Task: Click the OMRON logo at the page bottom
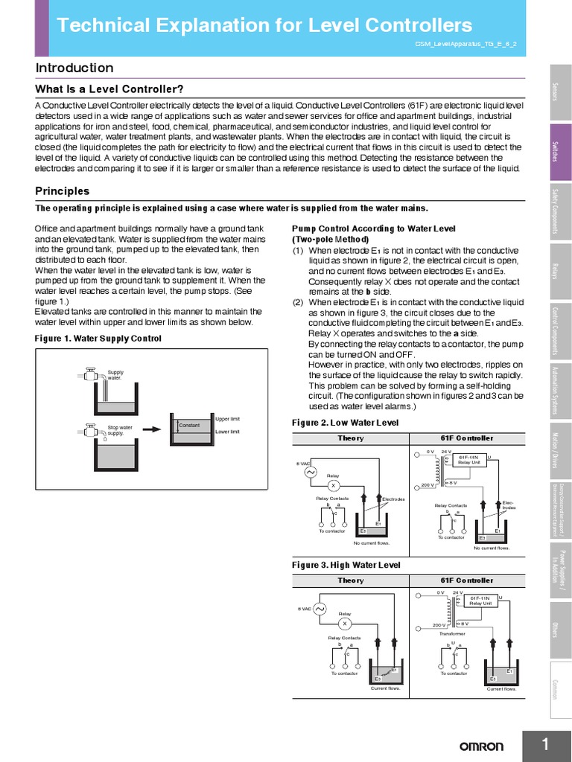(x=481, y=746)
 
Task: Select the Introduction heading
(x=74, y=68)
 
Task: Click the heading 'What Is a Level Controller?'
(x=109, y=89)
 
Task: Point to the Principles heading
(x=63, y=191)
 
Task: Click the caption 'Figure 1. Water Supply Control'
(x=98, y=338)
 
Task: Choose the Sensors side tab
(x=560, y=92)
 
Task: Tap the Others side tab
(x=560, y=628)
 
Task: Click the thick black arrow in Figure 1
(x=152, y=429)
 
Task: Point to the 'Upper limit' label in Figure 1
(x=227, y=419)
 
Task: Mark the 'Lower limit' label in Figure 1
(x=227, y=432)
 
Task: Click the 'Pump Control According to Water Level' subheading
(x=373, y=228)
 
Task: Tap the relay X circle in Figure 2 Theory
(x=334, y=485)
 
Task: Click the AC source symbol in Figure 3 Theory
(x=321, y=609)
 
